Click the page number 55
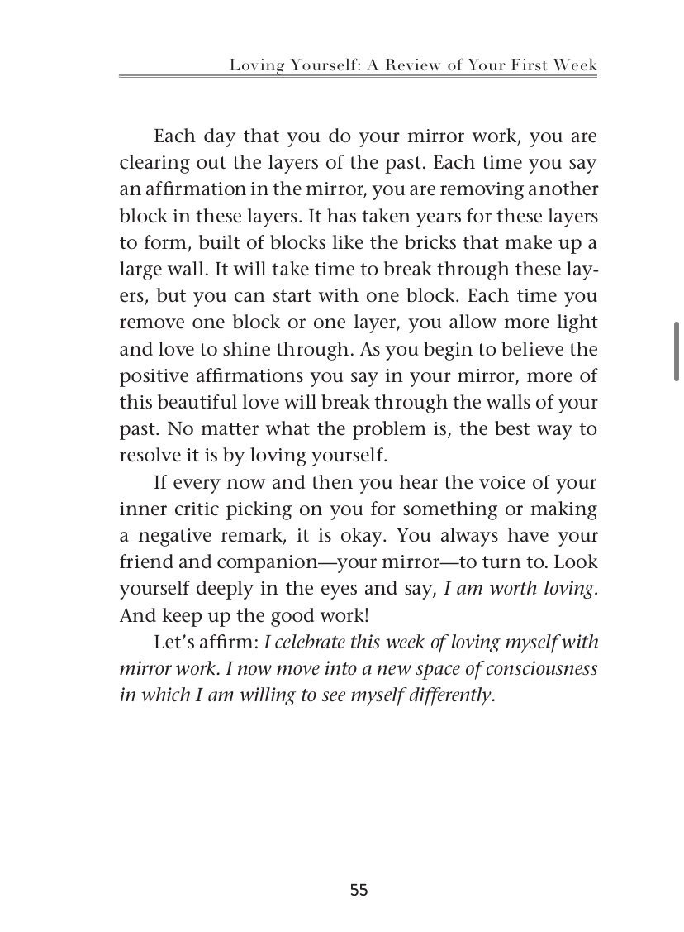click(359, 890)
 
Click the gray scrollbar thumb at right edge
click(677, 351)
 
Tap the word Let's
click(173, 642)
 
